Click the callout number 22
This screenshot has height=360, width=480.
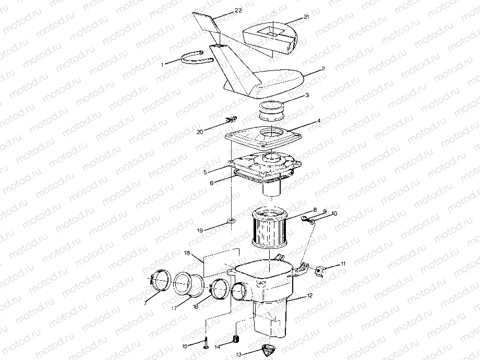[238, 10]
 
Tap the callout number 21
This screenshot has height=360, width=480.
[306, 17]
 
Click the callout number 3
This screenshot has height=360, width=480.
[307, 95]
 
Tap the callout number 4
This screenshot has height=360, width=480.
[319, 121]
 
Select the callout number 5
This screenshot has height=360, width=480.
[205, 172]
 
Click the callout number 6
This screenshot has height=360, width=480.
[211, 183]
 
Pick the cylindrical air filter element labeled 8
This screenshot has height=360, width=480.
[269, 227]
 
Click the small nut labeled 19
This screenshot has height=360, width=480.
[231, 220]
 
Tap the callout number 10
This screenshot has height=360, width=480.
[334, 213]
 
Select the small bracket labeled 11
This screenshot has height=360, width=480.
[319, 271]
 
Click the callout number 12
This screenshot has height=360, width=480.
[310, 296]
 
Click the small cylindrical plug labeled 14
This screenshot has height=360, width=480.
[236, 339]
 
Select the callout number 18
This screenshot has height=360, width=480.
[187, 253]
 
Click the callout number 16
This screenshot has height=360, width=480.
[195, 306]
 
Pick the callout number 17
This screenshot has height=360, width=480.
[174, 308]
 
